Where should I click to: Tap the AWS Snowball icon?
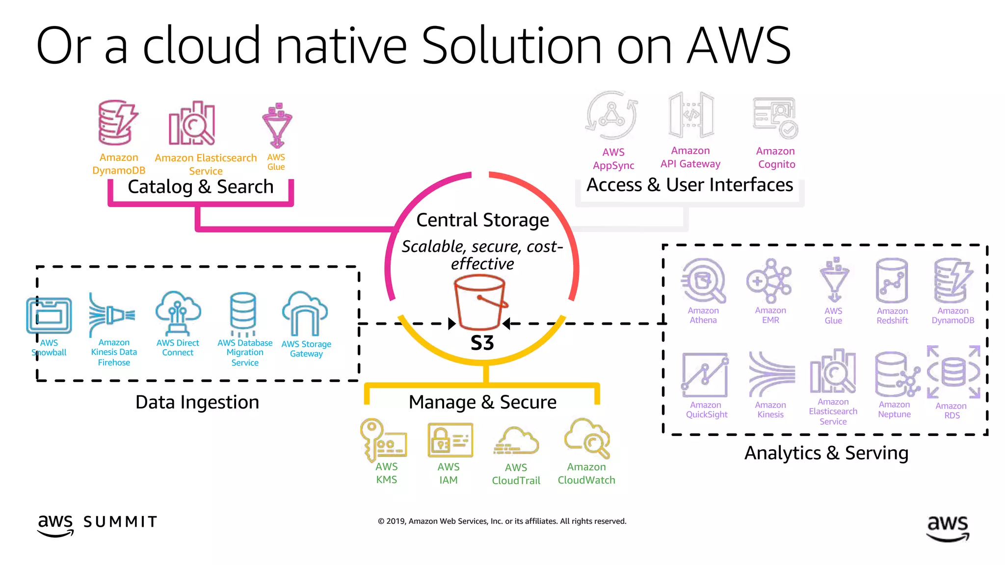pyautogui.click(x=49, y=316)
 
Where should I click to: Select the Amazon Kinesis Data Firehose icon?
pyautogui.click(x=111, y=314)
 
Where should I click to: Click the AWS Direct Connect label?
pyautogui.click(x=178, y=348)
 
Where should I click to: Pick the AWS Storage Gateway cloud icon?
pyautogui.click(x=305, y=313)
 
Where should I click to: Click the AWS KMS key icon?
pyautogui.click(x=383, y=439)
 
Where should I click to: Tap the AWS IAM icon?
pyautogui.click(x=450, y=440)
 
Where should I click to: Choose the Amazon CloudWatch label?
pyautogui.click(x=586, y=474)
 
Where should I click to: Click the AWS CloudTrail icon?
pyautogui.click(x=516, y=441)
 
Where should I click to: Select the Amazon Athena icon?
pyautogui.click(x=703, y=281)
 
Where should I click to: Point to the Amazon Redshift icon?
pyautogui.click(x=892, y=281)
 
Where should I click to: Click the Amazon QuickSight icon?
pyautogui.click(x=705, y=375)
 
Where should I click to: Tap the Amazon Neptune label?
pyautogui.click(x=894, y=410)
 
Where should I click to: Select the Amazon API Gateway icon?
pyautogui.click(x=691, y=116)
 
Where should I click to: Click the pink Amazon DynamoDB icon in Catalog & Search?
pyautogui.click(x=117, y=123)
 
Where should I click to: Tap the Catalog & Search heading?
pyautogui.click(x=200, y=187)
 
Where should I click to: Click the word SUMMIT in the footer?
pyautogui.click(x=120, y=522)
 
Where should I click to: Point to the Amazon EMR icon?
pyautogui.click(x=769, y=281)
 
